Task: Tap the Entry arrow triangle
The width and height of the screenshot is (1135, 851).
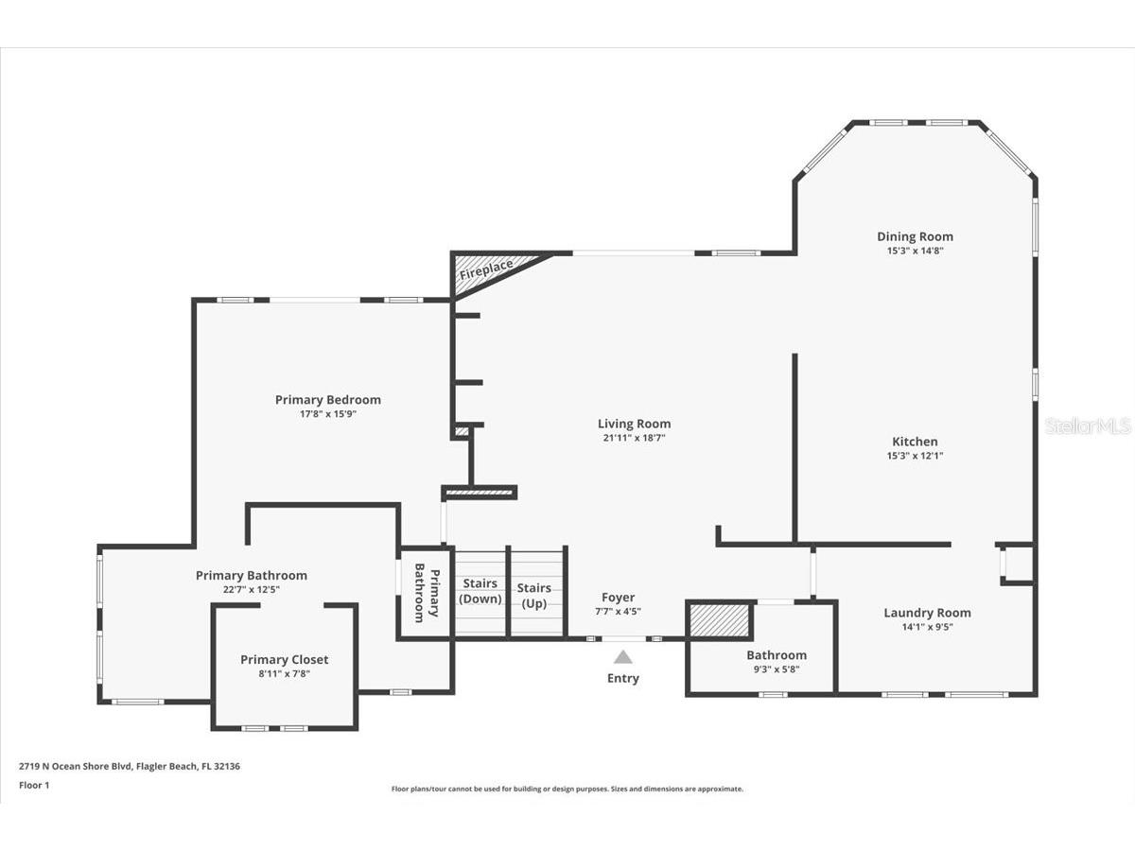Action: pyautogui.click(x=622, y=657)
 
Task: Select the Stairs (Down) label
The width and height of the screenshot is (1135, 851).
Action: pyautogui.click(x=480, y=591)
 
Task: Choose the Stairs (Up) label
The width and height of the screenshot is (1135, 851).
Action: pyautogui.click(x=534, y=595)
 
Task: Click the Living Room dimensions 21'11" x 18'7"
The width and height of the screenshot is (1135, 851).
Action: pyautogui.click(x=634, y=438)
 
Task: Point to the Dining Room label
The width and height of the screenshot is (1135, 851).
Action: pyautogui.click(x=915, y=236)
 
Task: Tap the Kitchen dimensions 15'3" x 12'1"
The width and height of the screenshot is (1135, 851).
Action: pyautogui.click(x=915, y=456)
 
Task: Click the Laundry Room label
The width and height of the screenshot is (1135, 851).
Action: pyautogui.click(x=927, y=613)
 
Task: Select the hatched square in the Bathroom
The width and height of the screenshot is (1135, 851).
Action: pyautogui.click(x=719, y=621)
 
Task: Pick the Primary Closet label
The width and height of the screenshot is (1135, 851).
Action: pyautogui.click(x=284, y=659)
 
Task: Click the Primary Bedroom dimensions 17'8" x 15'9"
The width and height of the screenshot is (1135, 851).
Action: pyautogui.click(x=327, y=413)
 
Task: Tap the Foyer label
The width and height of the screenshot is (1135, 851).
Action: pyautogui.click(x=619, y=597)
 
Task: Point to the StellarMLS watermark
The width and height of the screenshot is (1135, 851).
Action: pyautogui.click(x=1088, y=426)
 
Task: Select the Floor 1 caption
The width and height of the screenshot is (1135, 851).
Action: pyautogui.click(x=33, y=785)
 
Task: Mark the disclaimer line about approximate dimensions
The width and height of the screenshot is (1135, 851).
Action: pyautogui.click(x=567, y=789)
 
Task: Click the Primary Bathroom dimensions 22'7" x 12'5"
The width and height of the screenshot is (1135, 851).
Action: pyautogui.click(x=251, y=589)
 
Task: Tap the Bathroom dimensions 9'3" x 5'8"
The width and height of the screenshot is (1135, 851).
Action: pyautogui.click(x=777, y=669)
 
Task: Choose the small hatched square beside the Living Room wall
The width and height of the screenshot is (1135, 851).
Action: pyautogui.click(x=462, y=432)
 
